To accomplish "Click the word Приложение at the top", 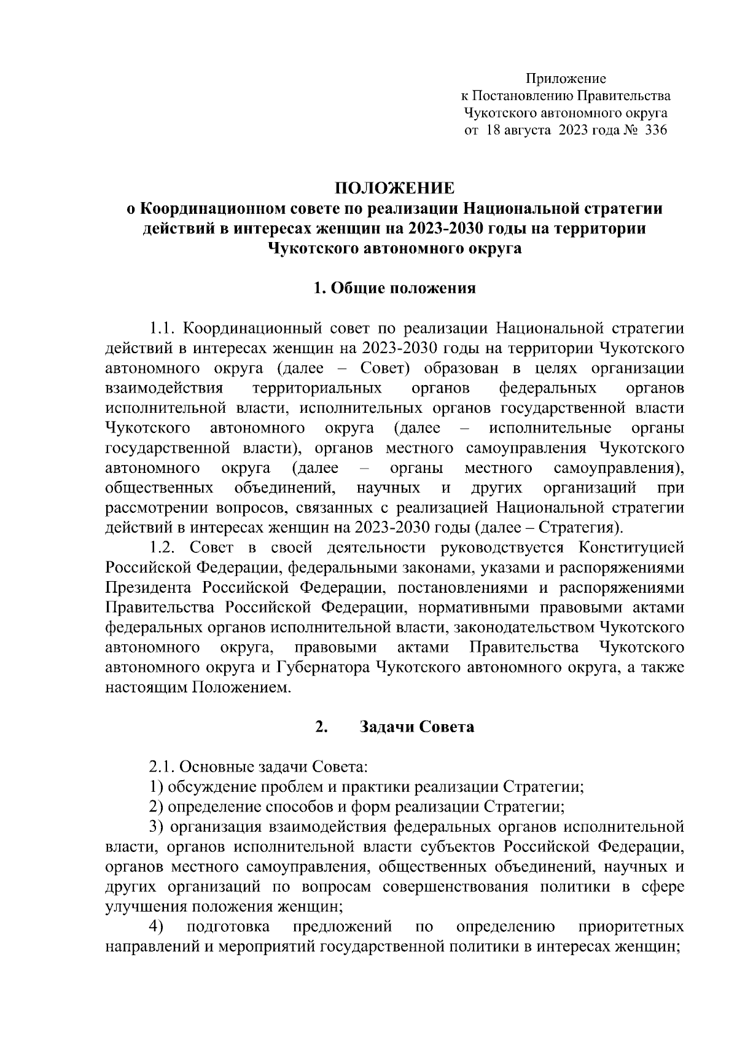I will point(566,79).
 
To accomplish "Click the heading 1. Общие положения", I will point(394,288).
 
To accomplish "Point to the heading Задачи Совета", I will point(416,727).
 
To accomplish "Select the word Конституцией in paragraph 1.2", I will point(631,548).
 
